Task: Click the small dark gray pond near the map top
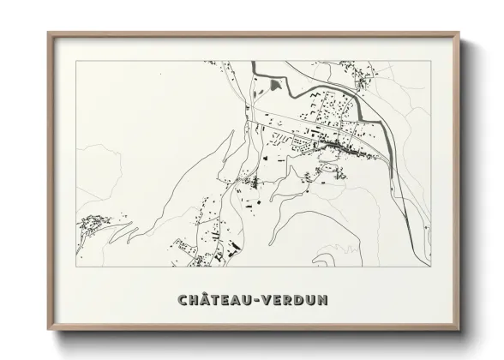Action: (x=276, y=84)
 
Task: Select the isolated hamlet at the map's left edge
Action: (x=90, y=225)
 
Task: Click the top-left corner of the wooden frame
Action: (x=48, y=33)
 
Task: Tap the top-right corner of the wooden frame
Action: (x=459, y=33)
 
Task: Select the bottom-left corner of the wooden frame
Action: (x=48, y=331)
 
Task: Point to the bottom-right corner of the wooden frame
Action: (x=459, y=331)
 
